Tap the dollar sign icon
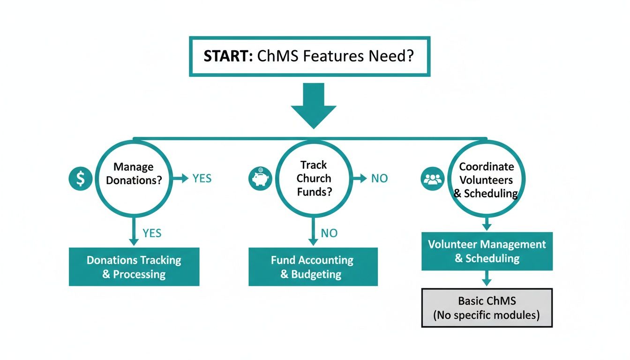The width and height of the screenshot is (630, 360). pyautogui.click(x=80, y=179)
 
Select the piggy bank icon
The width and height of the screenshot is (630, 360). pyautogui.click(x=260, y=179)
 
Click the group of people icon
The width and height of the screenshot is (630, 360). pyautogui.click(x=432, y=179)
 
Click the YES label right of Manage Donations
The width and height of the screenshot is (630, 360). pyautogui.click(x=202, y=179)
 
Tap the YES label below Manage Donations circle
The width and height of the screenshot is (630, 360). pyautogui.click(x=152, y=233)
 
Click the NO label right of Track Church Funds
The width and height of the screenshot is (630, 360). pyautogui.click(x=379, y=179)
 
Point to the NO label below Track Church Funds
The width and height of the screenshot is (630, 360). pyautogui.click(x=329, y=233)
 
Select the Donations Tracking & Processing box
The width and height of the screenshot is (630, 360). pyautogui.click(x=134, y=267)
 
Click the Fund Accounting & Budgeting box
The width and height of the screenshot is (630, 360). pyautogui.click(x=313, y=267)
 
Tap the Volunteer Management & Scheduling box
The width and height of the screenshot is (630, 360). pyautogui.click(x=487, y=251)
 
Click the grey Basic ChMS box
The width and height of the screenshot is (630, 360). pyautogui.click(x=487, y=308)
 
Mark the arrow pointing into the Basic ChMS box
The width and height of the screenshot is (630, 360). pyautogui.click(x=487, y=279)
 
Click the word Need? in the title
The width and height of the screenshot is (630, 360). pyautogui.click(x=392, y=56)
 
